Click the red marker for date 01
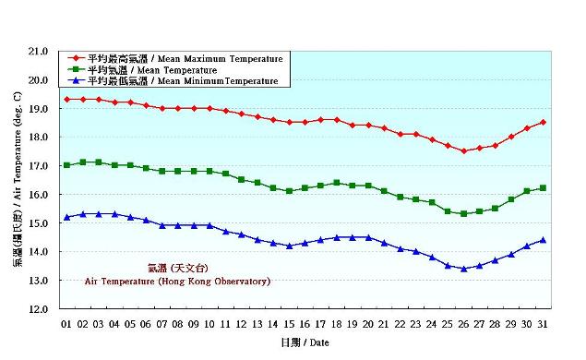tap(66, 99)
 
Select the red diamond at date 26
tap(463, 150)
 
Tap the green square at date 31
tap(543, 187)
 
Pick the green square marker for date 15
tap(289, 191)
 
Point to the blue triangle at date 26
tap(463, 269)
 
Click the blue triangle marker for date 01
tap(66, 217)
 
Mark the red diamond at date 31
tap(543, 122)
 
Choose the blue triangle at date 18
tap(337, 237)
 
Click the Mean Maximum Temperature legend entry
tap(185, 59)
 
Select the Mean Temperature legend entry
tap(152, 70)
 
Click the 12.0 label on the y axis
tap(38, 309)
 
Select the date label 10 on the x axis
tap(209, 324)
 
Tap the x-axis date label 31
tap(543, 324)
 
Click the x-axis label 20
tap(368, 324)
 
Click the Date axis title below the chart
tap(304, 342)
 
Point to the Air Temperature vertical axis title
tap(19, 180)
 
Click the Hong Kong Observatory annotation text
tap(177, 281)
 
